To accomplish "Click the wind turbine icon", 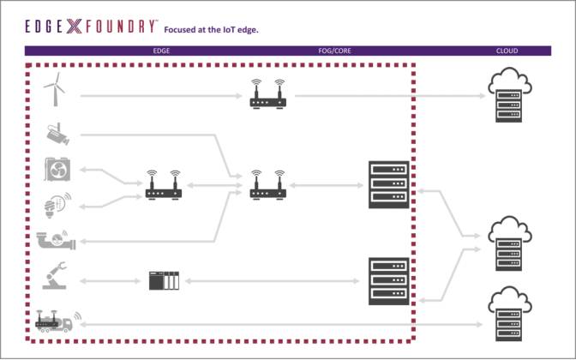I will point(55,89).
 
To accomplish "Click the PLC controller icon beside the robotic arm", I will point(164,279).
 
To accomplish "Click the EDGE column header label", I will point(161,51).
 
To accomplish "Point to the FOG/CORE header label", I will point(334,51).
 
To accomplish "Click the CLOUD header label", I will point(507,51).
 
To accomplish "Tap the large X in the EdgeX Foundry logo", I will point(74,27).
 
